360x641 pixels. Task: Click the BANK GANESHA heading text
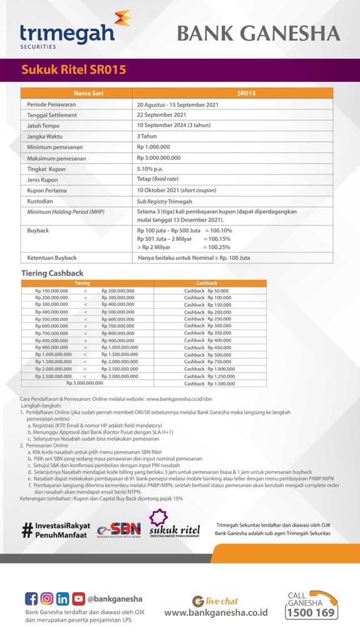click(x=259, y=33)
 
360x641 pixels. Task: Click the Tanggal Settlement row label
click(x=52, y=115)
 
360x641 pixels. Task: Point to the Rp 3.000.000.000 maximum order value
click(x=158, y=158)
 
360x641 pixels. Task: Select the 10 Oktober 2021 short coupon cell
click(x=177, y=190)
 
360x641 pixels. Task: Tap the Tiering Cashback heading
click(x=53, y=274)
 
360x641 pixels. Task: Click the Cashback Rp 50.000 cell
click(x=207, y=290)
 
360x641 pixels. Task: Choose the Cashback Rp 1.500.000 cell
click(x=207, y=383)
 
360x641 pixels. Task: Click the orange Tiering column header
click(x=83, y=283)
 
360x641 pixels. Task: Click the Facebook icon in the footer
click(x=31, y=598)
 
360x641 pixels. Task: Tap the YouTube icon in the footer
click(x=78, y=598)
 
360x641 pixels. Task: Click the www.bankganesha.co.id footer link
click(x=215, y=613)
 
